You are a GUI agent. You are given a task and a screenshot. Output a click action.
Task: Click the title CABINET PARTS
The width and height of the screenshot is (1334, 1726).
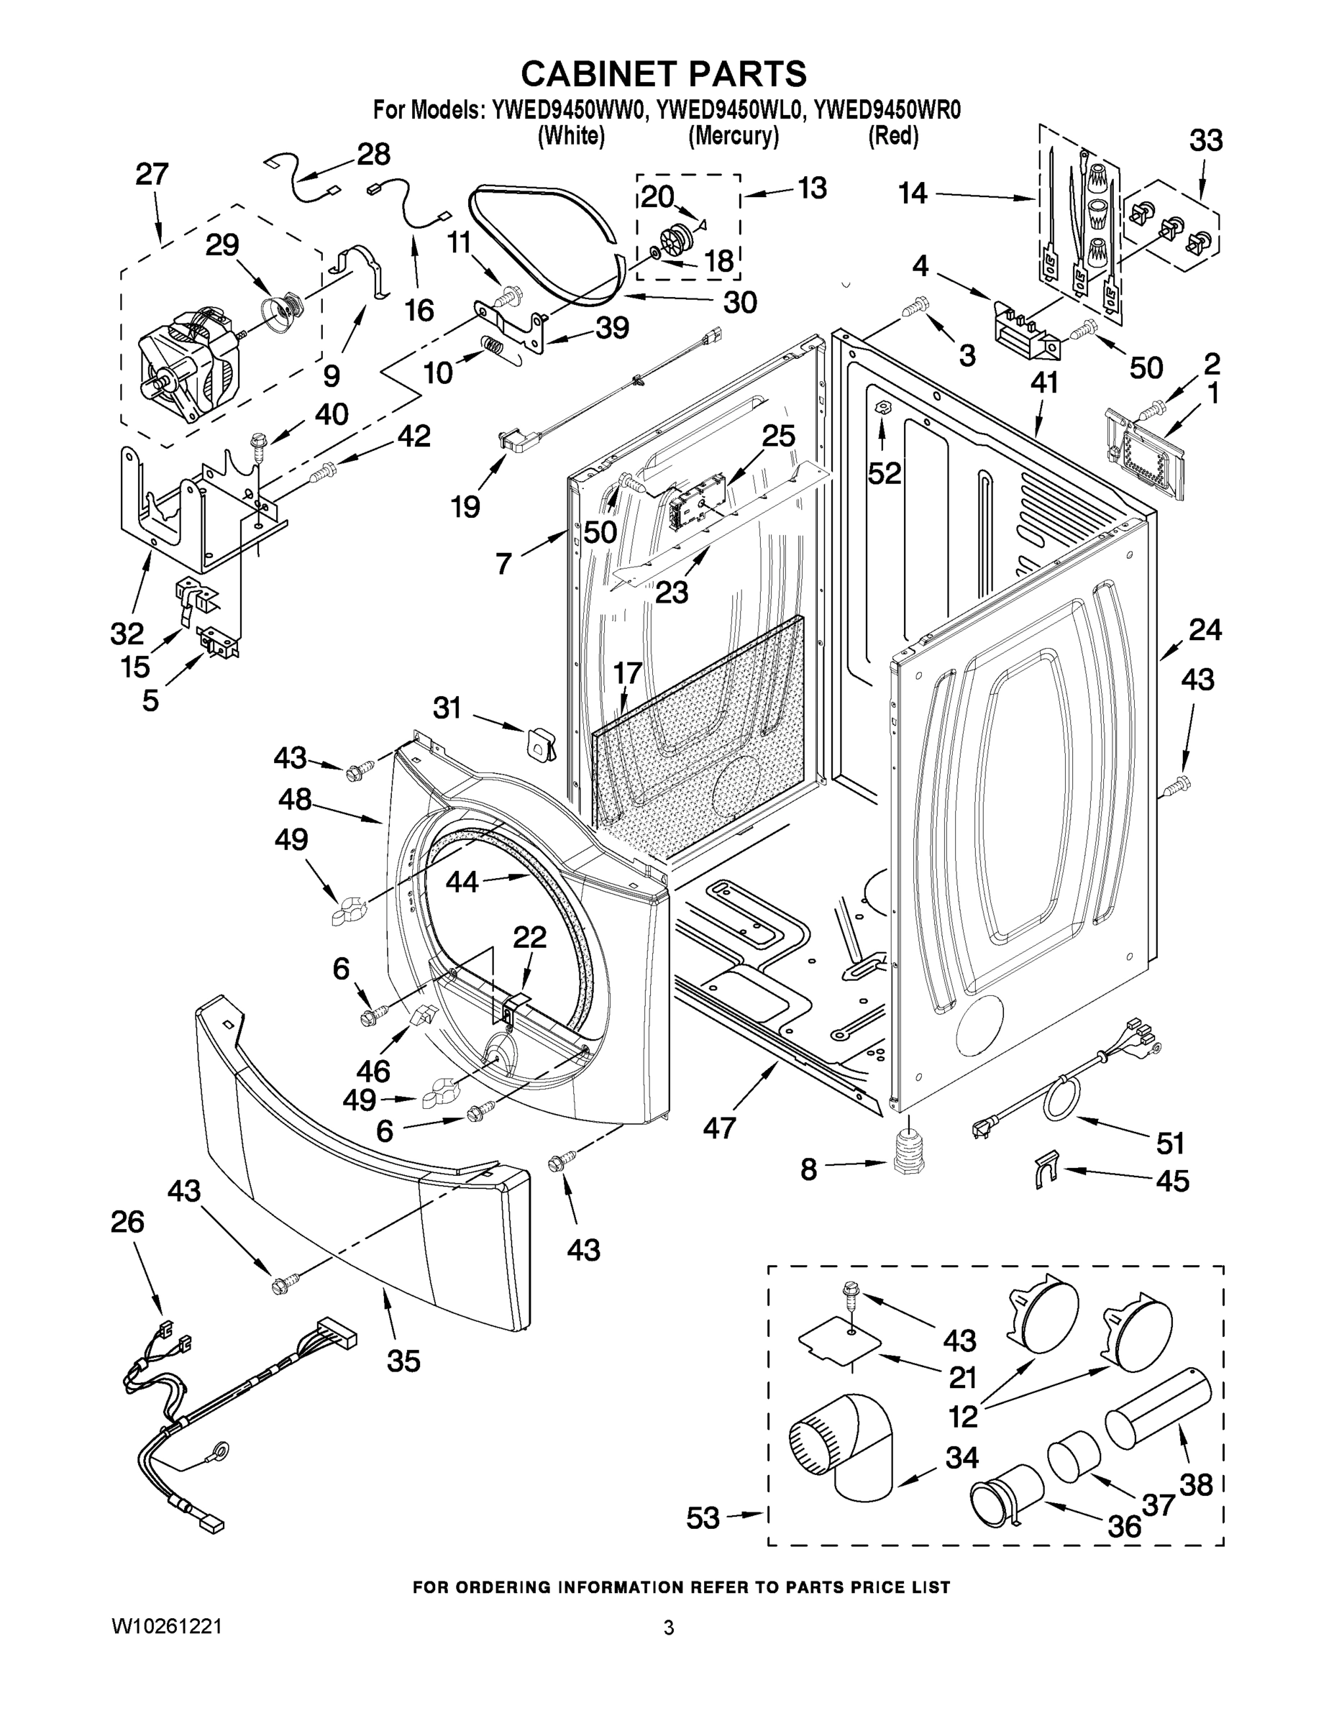[663, 73]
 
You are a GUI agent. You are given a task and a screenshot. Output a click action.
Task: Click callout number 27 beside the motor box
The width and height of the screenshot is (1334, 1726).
[152, 174]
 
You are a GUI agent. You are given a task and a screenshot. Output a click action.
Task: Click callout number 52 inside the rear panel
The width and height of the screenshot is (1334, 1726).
[885, 472]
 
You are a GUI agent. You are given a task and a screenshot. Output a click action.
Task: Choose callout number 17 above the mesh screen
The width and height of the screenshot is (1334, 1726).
[628, 673]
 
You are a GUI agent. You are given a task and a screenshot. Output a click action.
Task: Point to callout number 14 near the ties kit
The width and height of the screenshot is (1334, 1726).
[913, 193]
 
